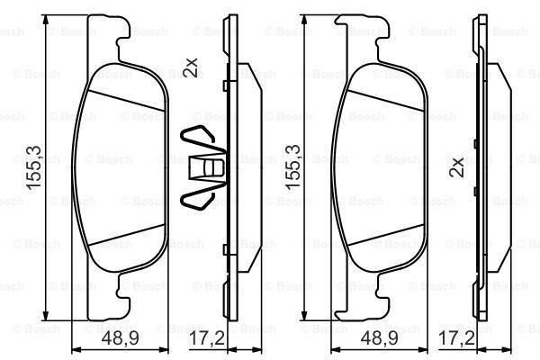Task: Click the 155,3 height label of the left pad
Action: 34,167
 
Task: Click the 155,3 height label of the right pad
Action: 293,166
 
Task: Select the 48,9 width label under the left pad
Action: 121,337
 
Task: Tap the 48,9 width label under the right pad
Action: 379,337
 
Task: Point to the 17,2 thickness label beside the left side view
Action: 207,337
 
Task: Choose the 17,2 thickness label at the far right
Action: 456,337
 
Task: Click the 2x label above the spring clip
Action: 191,67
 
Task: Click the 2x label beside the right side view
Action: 457,167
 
